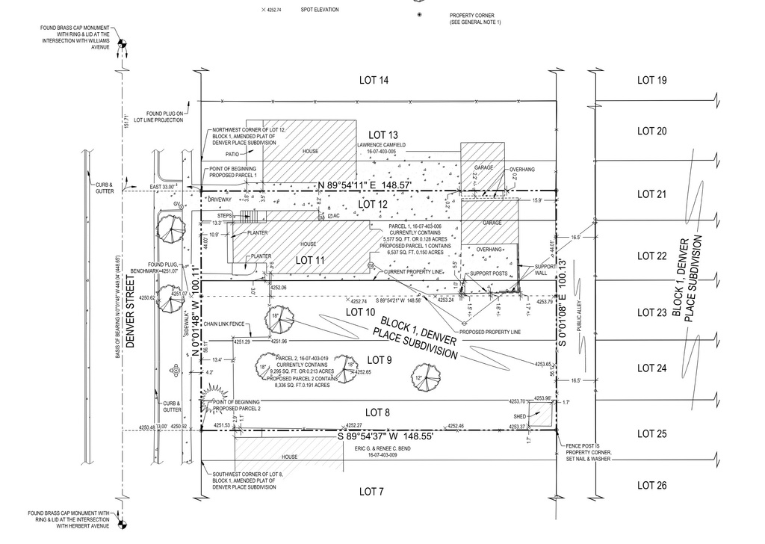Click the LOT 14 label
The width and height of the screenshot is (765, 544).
[373, 80]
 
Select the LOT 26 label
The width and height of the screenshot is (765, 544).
[651, 486]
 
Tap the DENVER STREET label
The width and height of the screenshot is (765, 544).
[131, 313]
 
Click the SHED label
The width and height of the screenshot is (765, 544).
[520, 415]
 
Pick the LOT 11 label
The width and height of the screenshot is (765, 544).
[313, 260]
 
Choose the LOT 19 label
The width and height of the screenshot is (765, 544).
[651, 80]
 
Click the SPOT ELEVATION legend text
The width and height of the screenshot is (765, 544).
[319, 10]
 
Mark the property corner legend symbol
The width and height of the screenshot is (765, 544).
[419, 15]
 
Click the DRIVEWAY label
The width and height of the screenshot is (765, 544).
[220, 200]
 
